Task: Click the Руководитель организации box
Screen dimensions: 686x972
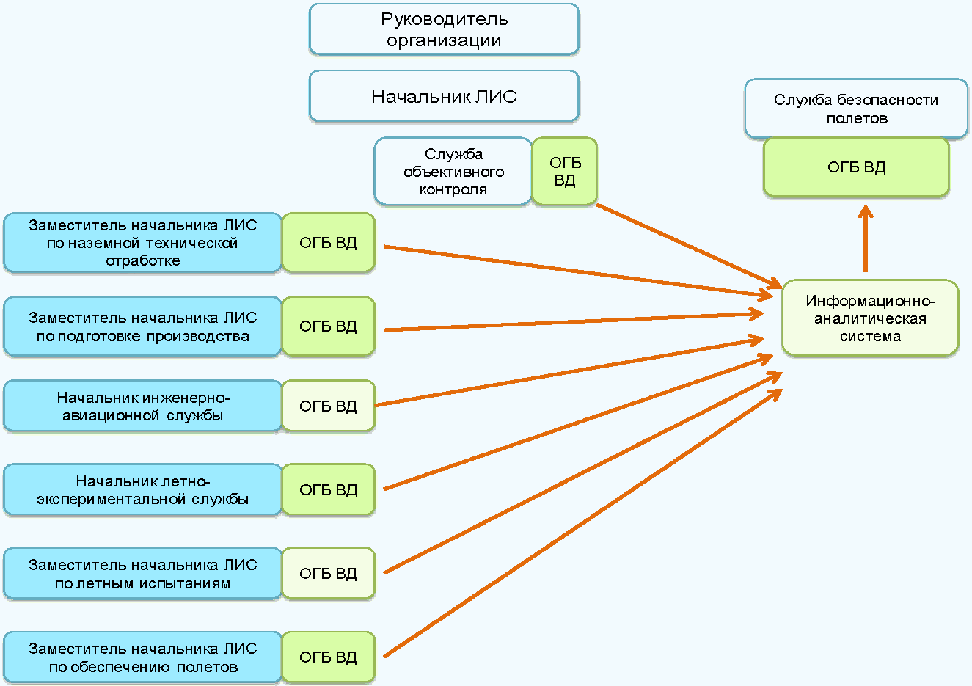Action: coord(444,29)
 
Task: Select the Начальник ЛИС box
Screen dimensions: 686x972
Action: coord(444,96)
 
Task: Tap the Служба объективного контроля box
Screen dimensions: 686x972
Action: coord(453,171)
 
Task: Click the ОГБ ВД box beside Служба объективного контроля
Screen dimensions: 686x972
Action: coord(564,171)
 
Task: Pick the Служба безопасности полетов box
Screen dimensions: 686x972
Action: coord(856,109)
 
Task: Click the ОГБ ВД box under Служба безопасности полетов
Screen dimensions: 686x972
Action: coord(856,167)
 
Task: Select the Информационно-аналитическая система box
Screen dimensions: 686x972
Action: coord(870,318)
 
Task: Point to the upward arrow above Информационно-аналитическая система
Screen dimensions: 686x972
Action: coord(866,238)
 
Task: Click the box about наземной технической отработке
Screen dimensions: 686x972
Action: coord(142,243)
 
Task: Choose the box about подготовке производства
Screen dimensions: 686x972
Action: coord(142,326)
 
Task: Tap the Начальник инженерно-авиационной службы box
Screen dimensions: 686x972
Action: coord(142,406)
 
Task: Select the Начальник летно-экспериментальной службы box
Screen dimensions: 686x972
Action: coord(142,489)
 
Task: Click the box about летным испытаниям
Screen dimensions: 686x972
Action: coord(142,574)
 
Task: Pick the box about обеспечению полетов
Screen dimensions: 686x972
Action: coord(142,657)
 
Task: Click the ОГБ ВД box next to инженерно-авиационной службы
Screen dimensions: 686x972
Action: coord(328,406)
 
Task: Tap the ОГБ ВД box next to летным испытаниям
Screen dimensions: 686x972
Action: coord(328,574)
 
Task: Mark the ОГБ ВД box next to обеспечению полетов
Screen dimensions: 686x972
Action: coord(328,657)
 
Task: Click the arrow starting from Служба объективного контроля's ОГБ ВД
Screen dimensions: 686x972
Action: coord(686,245)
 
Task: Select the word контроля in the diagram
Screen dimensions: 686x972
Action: coord(453,190)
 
